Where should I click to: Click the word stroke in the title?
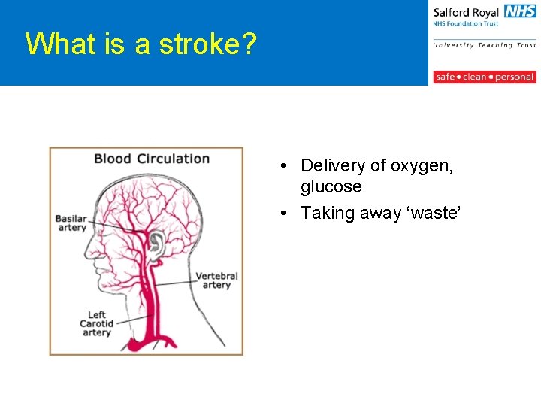pos(196,44)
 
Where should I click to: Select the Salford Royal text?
pos(466,13)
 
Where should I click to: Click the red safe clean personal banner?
pos(484,77)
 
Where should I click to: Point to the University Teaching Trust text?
pos(484,45)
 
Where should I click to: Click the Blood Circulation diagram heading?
pos(151,159)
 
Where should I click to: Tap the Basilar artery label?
pos(71,223)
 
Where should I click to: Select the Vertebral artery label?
pos(216,280)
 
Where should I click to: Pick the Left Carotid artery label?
pos(96,323)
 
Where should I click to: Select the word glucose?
pos(331,186)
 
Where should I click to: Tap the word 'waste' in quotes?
pos(433,214)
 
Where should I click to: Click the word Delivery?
pos(333,165)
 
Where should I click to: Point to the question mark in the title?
pos(249,44)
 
